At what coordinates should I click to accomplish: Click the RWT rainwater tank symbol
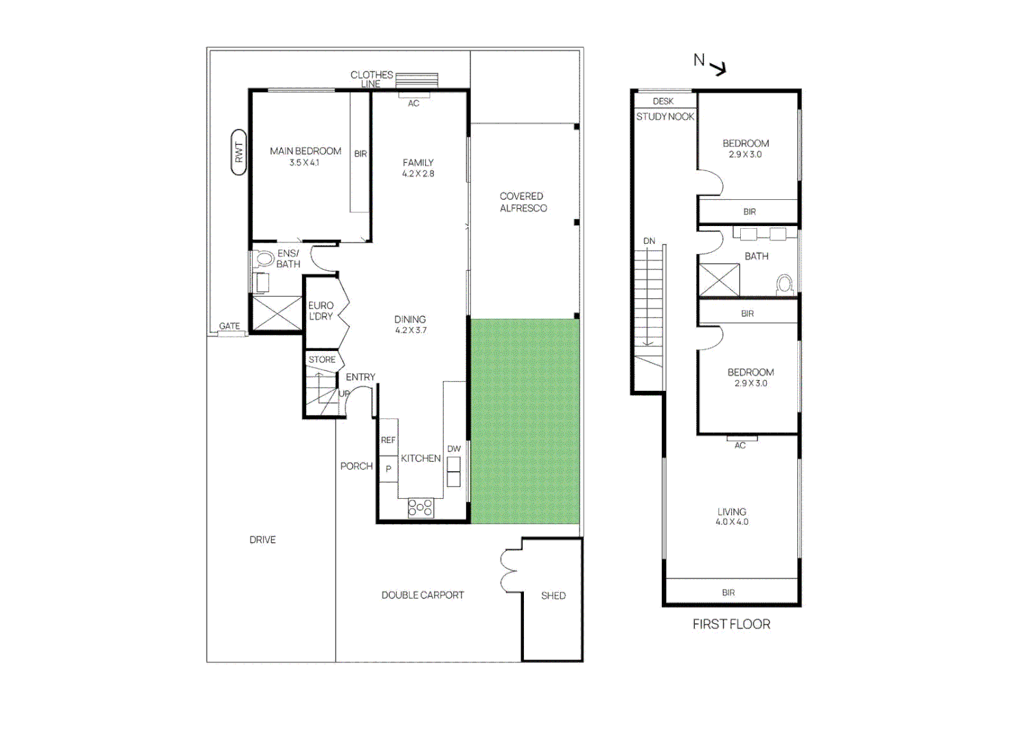pyautogui.click(x=239, y=153)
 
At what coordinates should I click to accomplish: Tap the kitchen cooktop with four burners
pyautogui.click(x=420, y=508)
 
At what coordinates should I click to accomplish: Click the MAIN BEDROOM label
pyautogui.click(x=306, y=151)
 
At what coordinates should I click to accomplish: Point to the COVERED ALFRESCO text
pyautogui.click(x=523, y=202)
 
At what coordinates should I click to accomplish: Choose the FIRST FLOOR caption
pyautogui.click(x=731, y=624)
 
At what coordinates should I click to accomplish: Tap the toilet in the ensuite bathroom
pyautogui.click(x=262, y=259)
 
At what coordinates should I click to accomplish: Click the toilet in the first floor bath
pyautogui.click(x=784, y=284)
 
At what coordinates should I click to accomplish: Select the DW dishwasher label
pyautogui.click(x=454, y=449)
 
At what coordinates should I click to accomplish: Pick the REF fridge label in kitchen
pyautogui.click(x=388, y=440)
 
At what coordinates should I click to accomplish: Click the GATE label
pyautogui.click(x=229, y=326)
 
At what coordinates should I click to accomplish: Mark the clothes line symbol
pyautogui.click(x=416, y=80)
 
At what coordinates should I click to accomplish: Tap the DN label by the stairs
pyautogui.click(x=649, y=240)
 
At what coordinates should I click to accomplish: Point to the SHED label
pyautogui.click(x=553, y=596)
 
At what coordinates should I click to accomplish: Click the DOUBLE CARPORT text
pyautogui.click(x=422, y=595)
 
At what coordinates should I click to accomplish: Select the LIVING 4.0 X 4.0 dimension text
pyautogui.click(x=732, y=517)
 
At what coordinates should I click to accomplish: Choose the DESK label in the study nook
pyautogui.click(x=663, y=101)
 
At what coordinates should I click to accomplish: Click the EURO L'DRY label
pyautogui.click(x=321, y=311)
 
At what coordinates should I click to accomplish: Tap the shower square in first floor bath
pyautogui.click(x=720, y=280)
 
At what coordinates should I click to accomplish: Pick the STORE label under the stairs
pyautogui.click(x=322, y=359)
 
